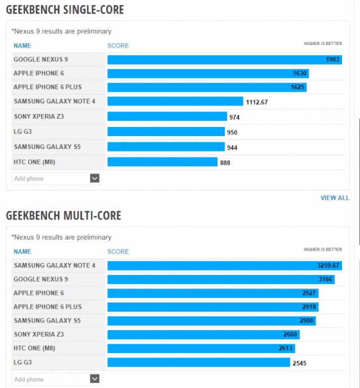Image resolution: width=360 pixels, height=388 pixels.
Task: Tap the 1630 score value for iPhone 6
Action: tap(299, 73)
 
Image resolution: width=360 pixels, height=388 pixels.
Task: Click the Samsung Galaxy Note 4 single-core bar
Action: tap(175, 101)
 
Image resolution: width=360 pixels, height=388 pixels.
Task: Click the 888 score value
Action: tap(225, 163)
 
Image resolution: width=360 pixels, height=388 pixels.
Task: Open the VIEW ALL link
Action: tap(335, 198)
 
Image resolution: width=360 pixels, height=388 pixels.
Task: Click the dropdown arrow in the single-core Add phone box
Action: tap(94, 178)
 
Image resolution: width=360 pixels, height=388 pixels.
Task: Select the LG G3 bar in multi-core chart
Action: tap(199, 363)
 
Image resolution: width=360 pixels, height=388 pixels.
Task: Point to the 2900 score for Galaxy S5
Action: tap(307, 321)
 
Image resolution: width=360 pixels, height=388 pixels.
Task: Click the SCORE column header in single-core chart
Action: tap(118, 46)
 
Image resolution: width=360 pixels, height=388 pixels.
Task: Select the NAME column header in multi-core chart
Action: tap(22, 251)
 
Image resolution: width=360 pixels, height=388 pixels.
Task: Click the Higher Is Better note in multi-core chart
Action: tap(322, 249)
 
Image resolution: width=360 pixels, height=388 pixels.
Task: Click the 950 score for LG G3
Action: tap(232, 133)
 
